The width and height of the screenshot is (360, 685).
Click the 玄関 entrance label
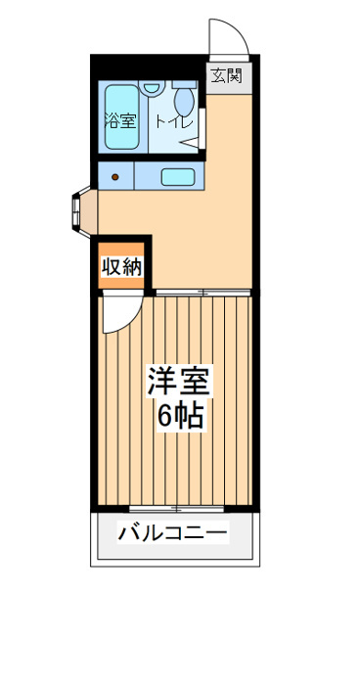pos(226,76)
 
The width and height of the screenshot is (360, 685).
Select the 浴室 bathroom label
pos(120,120)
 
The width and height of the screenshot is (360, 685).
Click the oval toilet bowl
pos(184,102)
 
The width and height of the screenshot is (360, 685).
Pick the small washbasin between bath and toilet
pos(152,87)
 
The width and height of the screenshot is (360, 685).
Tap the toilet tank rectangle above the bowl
pos(184,85)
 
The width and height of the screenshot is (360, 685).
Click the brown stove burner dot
pos(114,177)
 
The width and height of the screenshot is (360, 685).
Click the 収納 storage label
pos(122,267)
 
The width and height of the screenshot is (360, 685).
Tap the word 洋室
pos(180,382)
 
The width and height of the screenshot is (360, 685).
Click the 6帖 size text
pos(180,418)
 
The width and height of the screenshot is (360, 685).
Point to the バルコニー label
pos(173,533)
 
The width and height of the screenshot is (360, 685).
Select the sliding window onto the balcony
pos(176,509)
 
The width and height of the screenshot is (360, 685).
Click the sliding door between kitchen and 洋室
pos(203,293)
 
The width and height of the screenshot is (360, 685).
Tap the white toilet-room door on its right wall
pos(202,128)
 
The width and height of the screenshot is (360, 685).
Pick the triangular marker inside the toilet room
pos(190,143)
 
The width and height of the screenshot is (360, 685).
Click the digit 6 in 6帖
pos(165,418)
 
